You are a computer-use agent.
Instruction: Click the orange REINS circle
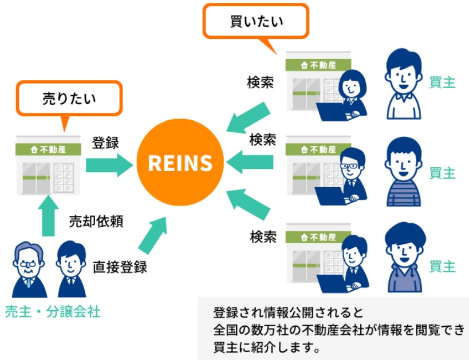click(x=180, y=163)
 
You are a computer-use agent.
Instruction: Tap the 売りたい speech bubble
click(x=69, y=98)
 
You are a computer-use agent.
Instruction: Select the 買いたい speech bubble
click(x=256, y=22)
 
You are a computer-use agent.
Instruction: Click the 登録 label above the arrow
click(x=105, y=143)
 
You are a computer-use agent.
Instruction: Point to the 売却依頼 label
click(x=96, y=221)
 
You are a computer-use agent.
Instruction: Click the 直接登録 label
click(x=120, y=267)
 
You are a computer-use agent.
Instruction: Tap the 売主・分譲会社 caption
click(x=53, y=312)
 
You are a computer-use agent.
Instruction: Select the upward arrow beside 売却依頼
click(x=48, y=216)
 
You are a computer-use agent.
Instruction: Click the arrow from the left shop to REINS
click(x=109, y=165)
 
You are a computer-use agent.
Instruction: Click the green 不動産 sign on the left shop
click(x=48, y=149)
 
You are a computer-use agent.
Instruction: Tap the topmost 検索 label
click(x=260, y=82)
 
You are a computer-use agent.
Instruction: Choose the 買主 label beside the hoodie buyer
click(x=443, y=266)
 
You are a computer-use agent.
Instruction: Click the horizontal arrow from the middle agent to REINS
click(x=250, y=162)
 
